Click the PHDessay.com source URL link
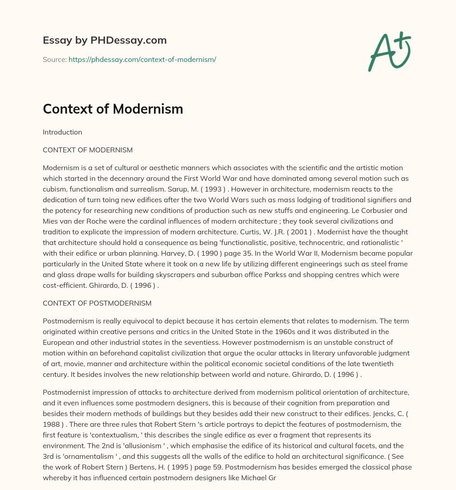tap(142, 59)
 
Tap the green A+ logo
tap(389, 51)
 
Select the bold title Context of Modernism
tap(113, 109)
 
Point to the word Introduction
tap(62, 132)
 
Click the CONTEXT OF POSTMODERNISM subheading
tap(97, 303)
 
